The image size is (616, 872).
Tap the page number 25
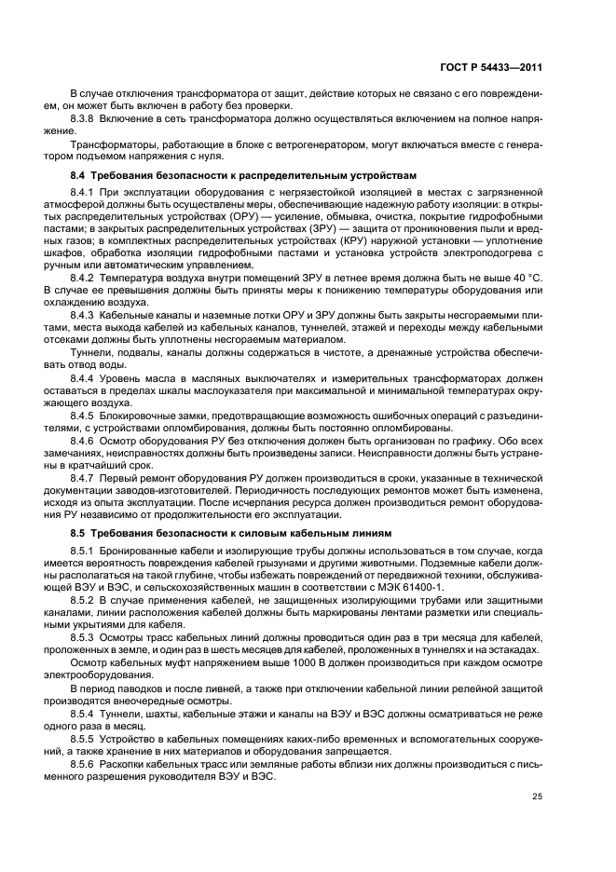(538, 796)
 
